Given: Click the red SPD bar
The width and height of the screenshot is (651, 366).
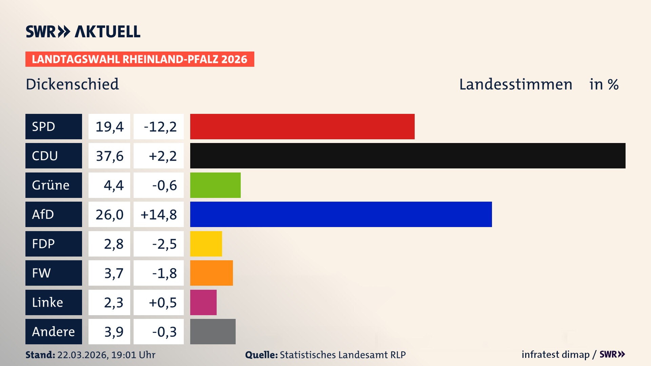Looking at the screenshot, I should pyautogui.click(x=302, y=126).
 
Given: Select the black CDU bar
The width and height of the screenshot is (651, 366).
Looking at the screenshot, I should pyautogui.click(x=408, y=156).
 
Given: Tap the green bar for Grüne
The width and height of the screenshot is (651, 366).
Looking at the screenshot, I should pyautogui.click(x=215, y=185).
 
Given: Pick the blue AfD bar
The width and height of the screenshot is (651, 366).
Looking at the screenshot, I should pyautogui.click(x=341, y=214).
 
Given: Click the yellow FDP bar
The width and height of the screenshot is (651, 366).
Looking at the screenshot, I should pyautogui.click(x=206, y=244).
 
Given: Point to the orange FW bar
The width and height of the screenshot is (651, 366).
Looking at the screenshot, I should pyautogui.click(x=211, y=273).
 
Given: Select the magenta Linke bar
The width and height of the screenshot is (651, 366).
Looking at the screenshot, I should pyautogui.click(x=203, y=302).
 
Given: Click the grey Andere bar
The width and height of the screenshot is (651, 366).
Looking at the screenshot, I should pyautogui.click(x=213, y=331).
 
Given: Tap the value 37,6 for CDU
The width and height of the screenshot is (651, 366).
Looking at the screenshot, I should pyautogui.click(x=110, y=156).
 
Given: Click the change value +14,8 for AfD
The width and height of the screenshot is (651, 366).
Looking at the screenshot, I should pyautogui.click(x=159, y=215).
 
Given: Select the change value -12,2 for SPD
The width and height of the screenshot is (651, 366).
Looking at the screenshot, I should pyautogui.click(x=160, y=127).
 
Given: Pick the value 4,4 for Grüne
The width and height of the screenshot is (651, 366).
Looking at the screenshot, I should pyautogui.click(x=114, y=185).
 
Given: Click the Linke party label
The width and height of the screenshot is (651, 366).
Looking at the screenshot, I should pyautogui.click(x=47, y=302).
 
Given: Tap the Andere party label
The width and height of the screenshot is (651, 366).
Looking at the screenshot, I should pyautogui.click(x=53, y=331).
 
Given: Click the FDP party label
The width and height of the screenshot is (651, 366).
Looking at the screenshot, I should pyautogui.click(x=43, y=244).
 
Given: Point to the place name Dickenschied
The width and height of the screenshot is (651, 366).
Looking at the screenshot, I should pyautogui.click(x=72, y=84).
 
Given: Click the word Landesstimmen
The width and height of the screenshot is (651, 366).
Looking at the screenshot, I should pyautogui.click(x=515, y=84).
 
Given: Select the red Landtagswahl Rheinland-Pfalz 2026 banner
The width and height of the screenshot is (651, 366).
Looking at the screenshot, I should pyautogui.click(x=139, y=59).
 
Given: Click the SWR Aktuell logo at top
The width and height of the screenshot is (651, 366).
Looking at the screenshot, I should pyautogui.click(x=83, y=32).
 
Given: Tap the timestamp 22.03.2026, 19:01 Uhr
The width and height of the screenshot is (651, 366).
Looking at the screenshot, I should pyautogui.click(x=106, y=355).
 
